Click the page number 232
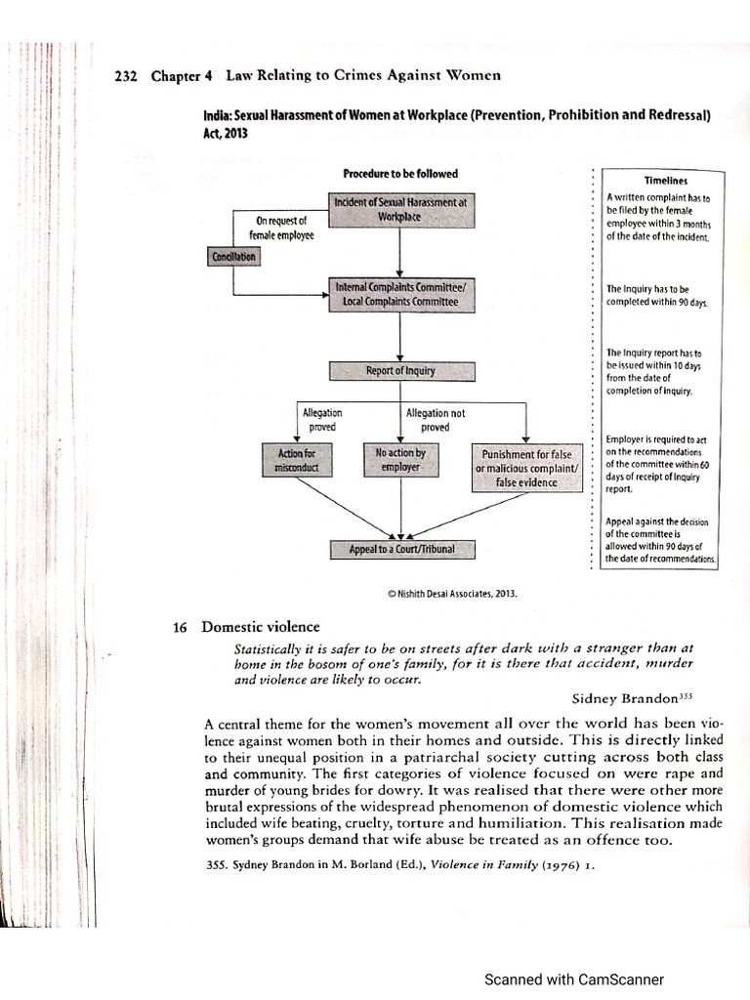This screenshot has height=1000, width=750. click(128, 77)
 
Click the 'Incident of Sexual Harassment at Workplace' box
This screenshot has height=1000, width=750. click(401, 209)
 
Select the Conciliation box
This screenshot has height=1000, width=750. click(232, 257)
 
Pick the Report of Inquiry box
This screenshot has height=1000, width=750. click(401, 371)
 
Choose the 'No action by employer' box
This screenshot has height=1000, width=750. click(401, 460)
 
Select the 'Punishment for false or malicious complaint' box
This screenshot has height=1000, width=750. click(527, 468)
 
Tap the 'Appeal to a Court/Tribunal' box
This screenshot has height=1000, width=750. click(401, 550)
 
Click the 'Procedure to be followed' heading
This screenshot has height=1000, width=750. click(400, 174)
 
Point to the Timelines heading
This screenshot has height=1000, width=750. click(666, 181)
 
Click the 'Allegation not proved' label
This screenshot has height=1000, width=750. click(435, 420)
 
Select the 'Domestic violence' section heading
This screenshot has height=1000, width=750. click(260, 627)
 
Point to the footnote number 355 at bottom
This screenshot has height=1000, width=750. click(217, 863)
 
